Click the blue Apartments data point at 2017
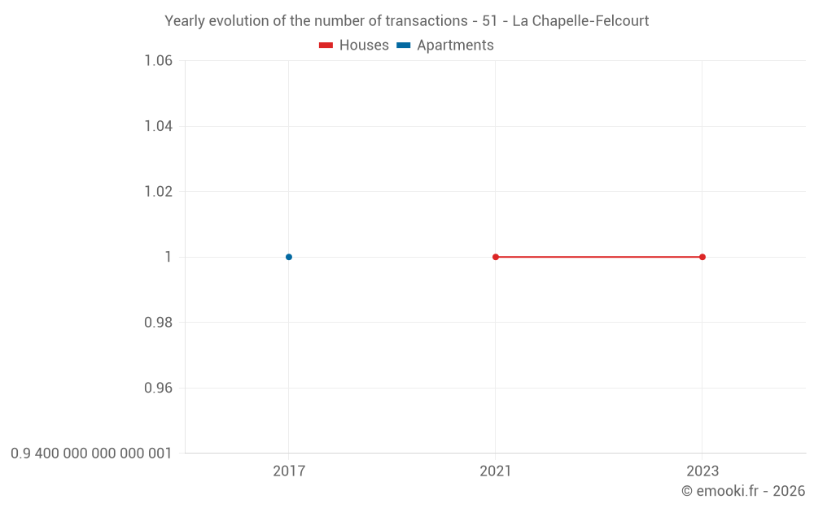[x=289, y=257]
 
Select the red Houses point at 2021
[x=496, y=257]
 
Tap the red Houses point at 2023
[x=702, y=257]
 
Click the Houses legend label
[x=364, y=46]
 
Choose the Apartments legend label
[x=455, y=46]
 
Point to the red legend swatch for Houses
[x=326, y=46]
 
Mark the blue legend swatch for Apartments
[x=404, y=46]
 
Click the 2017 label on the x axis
[x=289, y=471]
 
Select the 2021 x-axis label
[x=496, y=471]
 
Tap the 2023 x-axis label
[x=702, y=471]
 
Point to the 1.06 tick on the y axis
[x=158, y=60]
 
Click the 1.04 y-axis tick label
[x=158, y=126]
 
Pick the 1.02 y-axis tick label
[x=158, y=191]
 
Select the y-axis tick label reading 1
[x=168, y=257]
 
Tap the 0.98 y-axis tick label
[x=158, y=323]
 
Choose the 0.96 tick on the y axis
[x=158, y=388]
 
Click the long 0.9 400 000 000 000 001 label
[x=91, y=453]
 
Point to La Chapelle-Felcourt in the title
[x=580, y=21]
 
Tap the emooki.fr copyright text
[x=743, y=491]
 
